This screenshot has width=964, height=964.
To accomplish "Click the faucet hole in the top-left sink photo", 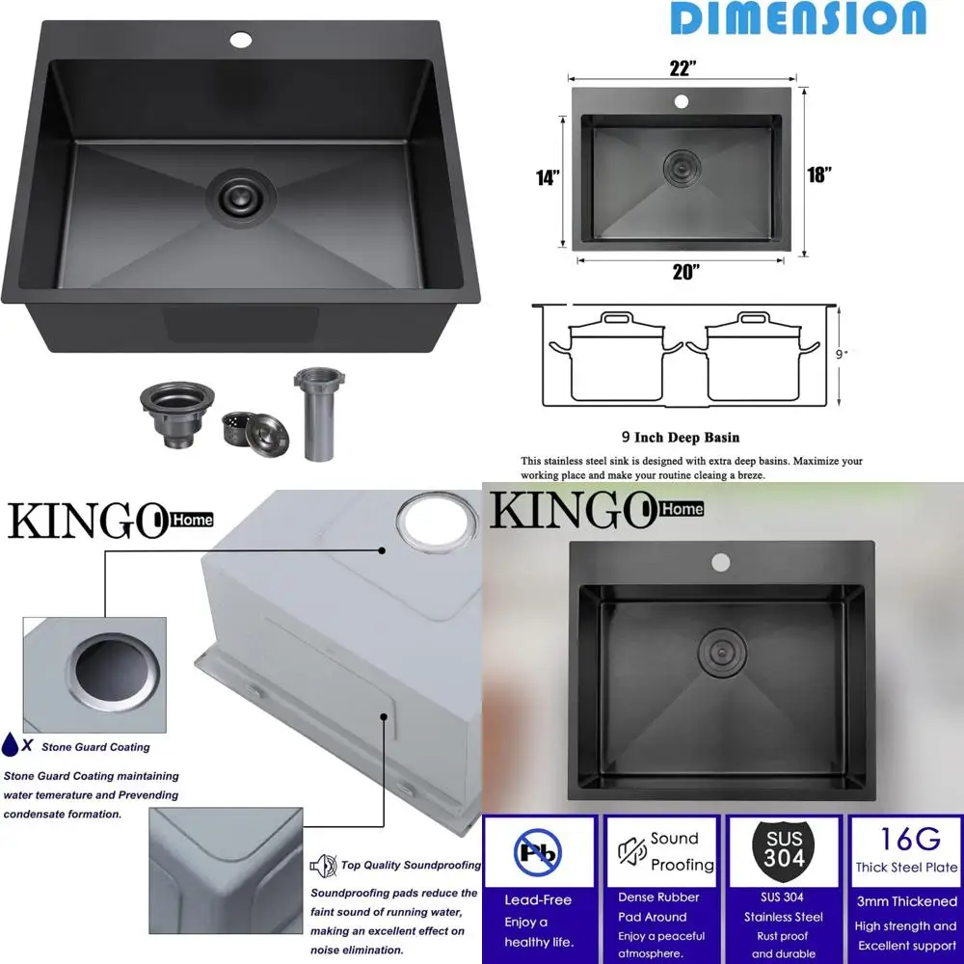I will [x=240, y=40].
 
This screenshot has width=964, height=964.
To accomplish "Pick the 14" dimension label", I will [x=549, y=179].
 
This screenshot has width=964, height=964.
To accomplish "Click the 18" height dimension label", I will [x=818, y=174].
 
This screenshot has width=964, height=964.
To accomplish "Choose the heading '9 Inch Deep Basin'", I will [x=681, y=437].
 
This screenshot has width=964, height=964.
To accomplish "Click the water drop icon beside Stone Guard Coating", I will [x=11, y=744].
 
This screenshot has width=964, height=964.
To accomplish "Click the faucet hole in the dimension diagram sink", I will [x=682, y=101].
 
